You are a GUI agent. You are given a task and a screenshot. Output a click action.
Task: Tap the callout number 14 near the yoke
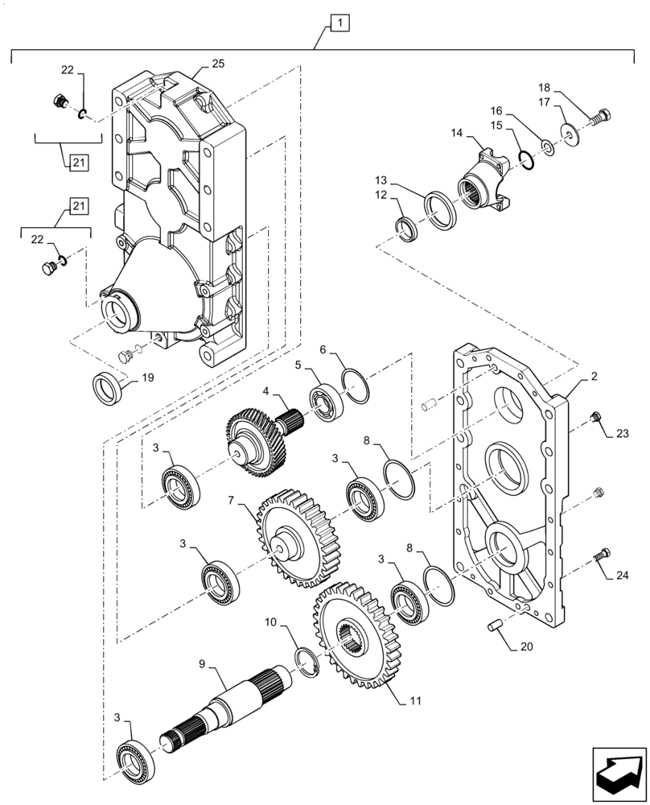tap(457, 133)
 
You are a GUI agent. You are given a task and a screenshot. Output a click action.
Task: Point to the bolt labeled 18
tap(599, 118)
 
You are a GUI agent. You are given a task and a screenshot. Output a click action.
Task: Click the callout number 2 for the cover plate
tap(592, 376)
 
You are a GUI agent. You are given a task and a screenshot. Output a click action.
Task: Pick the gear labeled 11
tap(354, 636)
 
